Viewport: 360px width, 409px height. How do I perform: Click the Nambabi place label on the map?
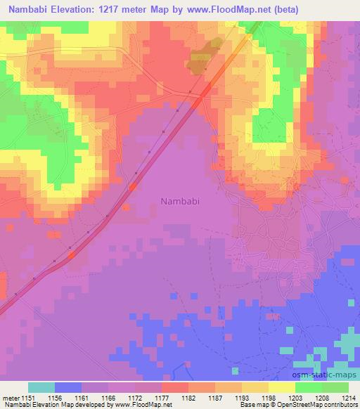point(180,200)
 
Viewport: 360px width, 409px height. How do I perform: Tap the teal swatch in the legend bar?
point(41,387)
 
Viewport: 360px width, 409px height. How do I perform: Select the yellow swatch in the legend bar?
point(282,387)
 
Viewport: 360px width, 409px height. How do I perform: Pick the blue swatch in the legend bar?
point(68,387)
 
